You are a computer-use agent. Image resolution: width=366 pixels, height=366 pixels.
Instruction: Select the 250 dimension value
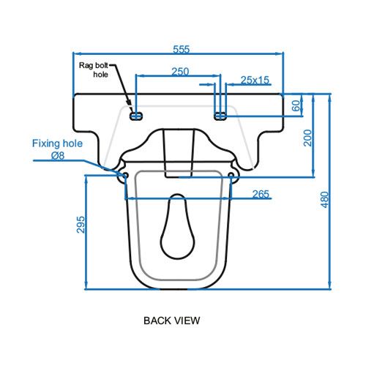(179, 71)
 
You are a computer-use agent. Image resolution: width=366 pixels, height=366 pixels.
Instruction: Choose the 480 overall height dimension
(324, 198)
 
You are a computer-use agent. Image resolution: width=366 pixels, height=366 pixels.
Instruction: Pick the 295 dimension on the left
(81, 225)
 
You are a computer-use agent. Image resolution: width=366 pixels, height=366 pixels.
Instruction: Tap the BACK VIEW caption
(171, 320)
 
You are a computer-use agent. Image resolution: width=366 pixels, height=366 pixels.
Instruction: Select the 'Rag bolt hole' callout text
(97, 70)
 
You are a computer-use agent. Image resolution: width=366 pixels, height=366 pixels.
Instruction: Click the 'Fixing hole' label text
(57, 143)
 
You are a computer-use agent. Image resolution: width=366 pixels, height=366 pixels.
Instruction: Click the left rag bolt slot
(135, 116)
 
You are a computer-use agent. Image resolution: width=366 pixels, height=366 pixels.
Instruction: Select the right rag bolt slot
(220, 116)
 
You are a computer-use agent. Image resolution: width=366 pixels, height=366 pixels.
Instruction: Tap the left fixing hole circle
(125, 176)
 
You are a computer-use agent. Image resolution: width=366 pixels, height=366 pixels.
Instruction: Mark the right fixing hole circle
(231, 176)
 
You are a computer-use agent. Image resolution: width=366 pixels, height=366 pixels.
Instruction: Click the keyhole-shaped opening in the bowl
(178, 222)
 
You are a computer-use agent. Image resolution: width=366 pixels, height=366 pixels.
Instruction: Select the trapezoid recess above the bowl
(178, 152)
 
